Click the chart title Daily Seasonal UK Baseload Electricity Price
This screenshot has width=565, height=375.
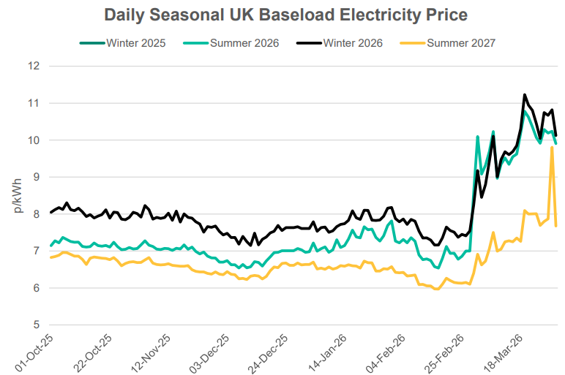tap(285, 15)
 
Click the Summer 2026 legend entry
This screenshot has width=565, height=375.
tap(244, 43)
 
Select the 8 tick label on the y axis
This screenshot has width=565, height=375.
tap(34, 214)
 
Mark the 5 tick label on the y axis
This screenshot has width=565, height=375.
tap(34, 325)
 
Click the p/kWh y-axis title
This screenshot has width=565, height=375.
tap(17, 195)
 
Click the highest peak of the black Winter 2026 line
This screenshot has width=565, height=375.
tap(525, 94)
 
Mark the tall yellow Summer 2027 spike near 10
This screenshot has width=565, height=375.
tap(552, 148)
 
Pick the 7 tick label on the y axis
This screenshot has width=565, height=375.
tap(34, 251)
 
